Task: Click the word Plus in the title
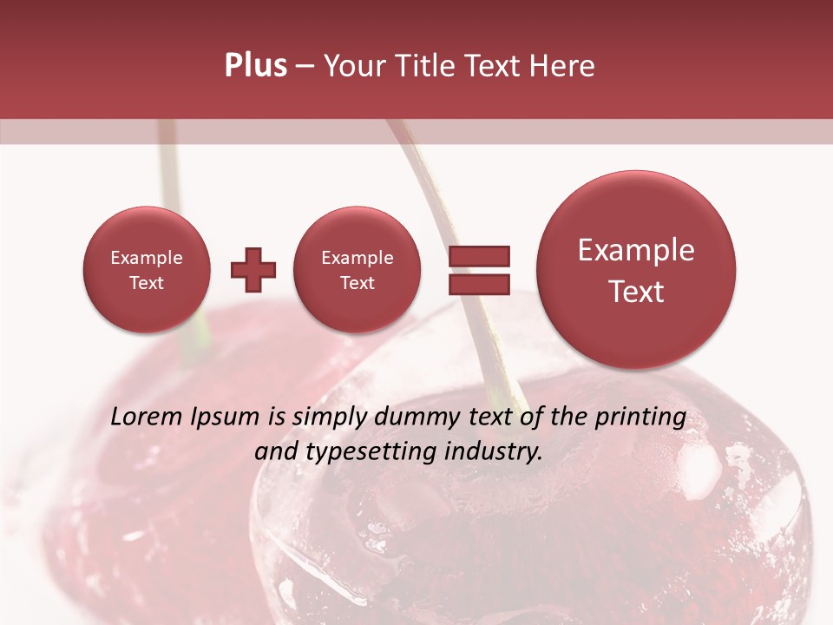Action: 255,65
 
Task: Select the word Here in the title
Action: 563,65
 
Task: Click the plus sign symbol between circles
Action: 253,270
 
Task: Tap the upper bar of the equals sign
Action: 478,256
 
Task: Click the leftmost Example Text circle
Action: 147,270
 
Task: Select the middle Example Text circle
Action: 357,270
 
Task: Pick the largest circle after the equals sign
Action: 636,270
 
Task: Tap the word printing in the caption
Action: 642,417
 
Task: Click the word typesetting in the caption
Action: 356,451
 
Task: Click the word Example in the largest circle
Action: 636,250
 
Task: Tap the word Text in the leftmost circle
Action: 147,283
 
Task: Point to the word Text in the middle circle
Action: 357,283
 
